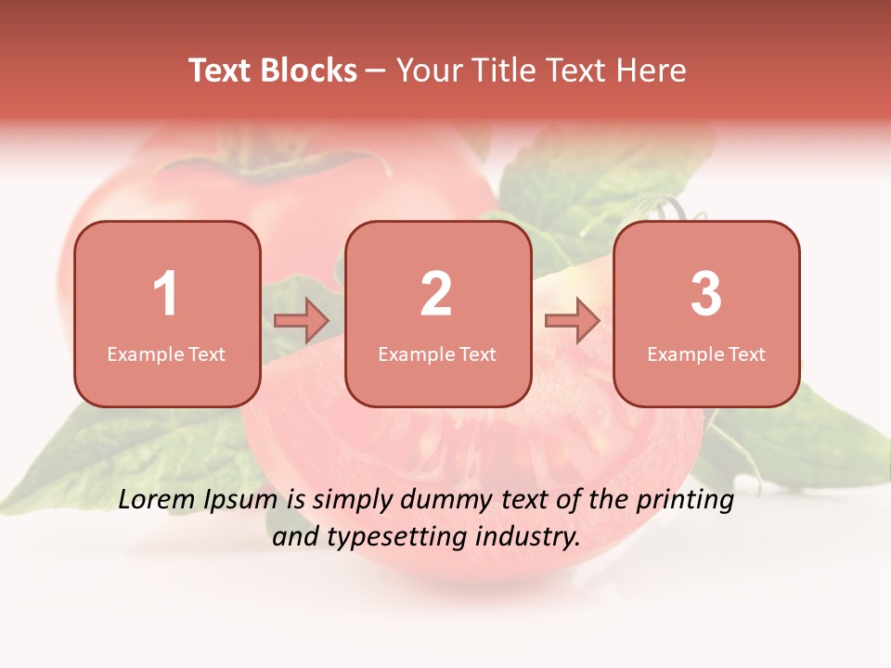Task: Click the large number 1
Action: coord(166,294)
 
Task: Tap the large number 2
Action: coord(436,294)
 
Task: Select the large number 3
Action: coord(706,294)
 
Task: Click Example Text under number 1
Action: coord(166,354)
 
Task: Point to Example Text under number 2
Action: coord(437,354)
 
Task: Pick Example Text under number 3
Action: coord(706,354)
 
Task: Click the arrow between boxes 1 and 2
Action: coord(302,321)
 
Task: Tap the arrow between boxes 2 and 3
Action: coord(572,321)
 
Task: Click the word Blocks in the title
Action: coord(309,71)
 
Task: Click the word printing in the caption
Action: coord(684,501)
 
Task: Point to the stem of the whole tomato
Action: coord(269,167)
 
